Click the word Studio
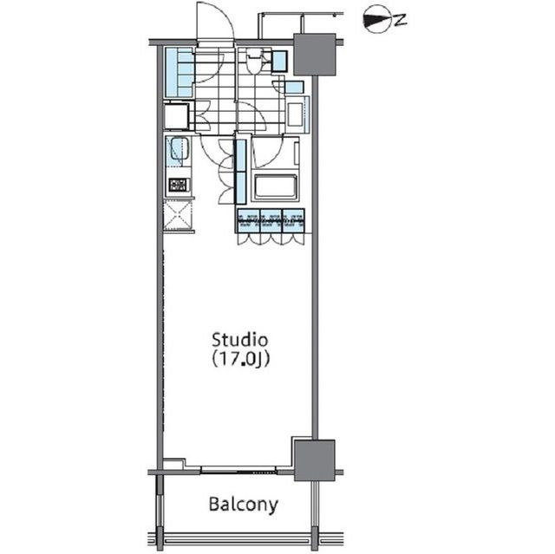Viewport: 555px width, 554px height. (239, 340)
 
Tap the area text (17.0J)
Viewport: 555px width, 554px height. (241, 359)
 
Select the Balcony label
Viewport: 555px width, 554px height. (244, 505)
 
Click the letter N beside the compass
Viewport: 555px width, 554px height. (400, 21)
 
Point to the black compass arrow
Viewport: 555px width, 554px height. (376, 20)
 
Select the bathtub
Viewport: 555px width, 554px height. (276, 186)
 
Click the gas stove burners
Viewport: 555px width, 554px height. (179, 185)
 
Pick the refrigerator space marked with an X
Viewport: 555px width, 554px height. (178, 215)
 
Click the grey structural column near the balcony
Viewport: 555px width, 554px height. (314, 460)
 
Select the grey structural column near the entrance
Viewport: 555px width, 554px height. (315, 54)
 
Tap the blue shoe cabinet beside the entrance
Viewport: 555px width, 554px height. (180, 73)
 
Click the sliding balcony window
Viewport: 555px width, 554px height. (238, 470)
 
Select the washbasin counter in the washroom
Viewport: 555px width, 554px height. (297, 114)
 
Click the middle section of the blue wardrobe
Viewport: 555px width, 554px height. (271, 221)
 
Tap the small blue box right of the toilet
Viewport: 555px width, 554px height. (279, 62)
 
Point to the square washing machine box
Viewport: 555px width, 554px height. (176, 115)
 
